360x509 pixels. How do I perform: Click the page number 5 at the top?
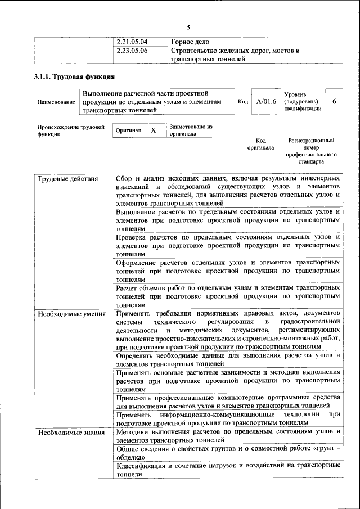tap(188, 28)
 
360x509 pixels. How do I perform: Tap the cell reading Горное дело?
tap(190, 42)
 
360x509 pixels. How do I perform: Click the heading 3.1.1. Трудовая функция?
tap(74, 77)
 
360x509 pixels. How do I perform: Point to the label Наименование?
tap(56, 102)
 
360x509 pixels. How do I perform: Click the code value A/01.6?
tap(266, 102)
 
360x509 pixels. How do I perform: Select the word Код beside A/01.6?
tap(243, 102)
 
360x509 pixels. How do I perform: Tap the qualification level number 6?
tap(334, 101)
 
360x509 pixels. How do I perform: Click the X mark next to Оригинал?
tap(153, 130)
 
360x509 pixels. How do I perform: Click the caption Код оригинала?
tap(260, 144)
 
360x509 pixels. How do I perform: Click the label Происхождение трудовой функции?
tap(71, 130)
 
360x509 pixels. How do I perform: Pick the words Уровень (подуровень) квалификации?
tap(303, 102)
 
